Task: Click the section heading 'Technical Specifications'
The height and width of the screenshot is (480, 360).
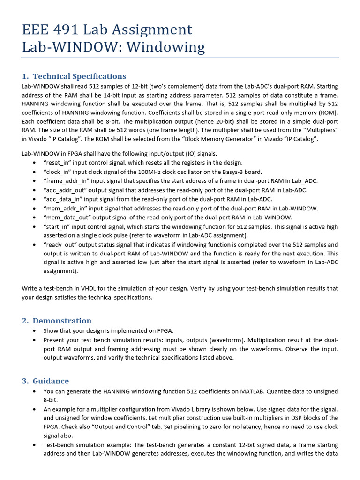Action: tap(79, 76)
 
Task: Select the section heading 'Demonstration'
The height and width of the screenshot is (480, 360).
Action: tap(62, 321)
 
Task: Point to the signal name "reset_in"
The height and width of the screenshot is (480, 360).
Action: tap(59, 162)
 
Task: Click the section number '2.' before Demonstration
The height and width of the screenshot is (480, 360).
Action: tap(25, 321)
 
